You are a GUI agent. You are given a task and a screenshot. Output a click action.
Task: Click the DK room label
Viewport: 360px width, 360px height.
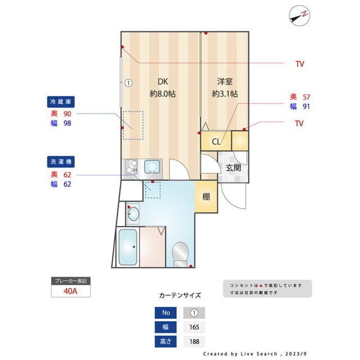point(162,80)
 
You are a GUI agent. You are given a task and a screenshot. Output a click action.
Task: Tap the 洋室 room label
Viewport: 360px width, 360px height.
point(224,80)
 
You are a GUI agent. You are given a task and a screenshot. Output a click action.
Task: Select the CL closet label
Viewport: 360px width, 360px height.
point(216,141)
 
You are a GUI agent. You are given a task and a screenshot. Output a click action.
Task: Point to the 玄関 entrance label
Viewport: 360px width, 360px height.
point(233,167)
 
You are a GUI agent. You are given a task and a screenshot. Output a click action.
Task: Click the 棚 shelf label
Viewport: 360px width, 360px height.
point(206,197)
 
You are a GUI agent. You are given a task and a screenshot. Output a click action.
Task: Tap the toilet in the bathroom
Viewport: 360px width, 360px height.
point(181,253)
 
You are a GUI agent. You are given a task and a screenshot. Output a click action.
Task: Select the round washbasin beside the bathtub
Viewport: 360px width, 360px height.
point(133,213)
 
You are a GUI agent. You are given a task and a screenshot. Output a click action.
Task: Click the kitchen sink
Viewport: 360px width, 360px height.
point(152,166)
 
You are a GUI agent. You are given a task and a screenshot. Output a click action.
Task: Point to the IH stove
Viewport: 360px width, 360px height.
point(131,166)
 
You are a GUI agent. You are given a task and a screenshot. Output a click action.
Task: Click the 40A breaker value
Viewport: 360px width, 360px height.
point(70,291)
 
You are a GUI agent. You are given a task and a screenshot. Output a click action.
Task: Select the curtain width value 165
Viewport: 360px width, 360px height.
point(193,327)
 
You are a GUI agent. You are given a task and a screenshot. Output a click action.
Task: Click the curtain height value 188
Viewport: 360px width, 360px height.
point(193,341)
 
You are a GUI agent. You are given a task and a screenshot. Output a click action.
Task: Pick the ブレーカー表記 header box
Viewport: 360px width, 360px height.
point(70,280)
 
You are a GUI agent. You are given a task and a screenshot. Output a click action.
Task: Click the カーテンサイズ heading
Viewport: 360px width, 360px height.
point(179,295)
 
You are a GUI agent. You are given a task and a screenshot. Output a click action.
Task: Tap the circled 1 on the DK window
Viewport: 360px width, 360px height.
point(128,83)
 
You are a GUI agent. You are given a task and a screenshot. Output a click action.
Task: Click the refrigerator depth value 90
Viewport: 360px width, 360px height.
point(67,114)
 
